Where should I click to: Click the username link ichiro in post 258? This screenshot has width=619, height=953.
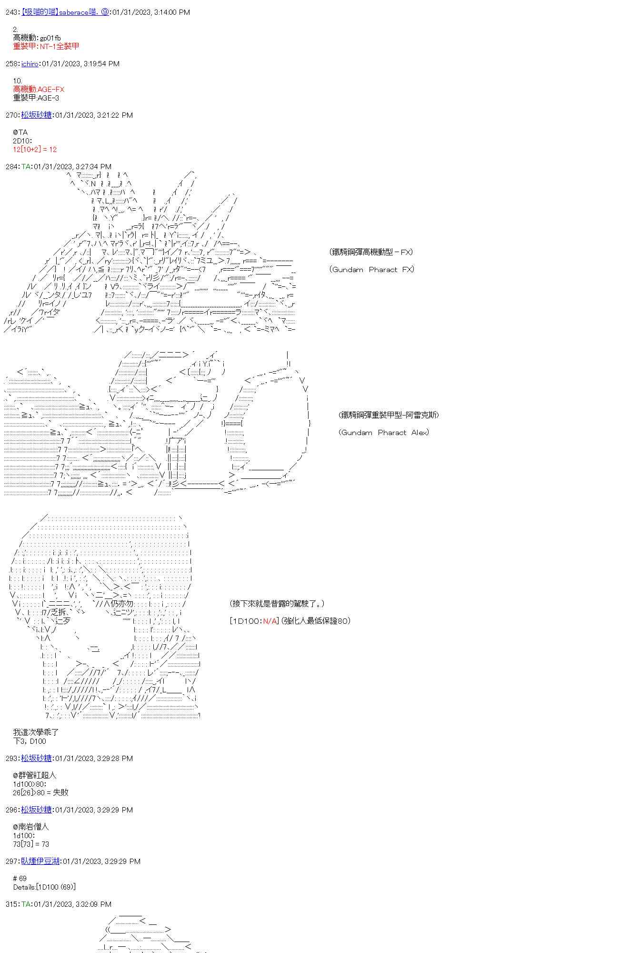[30, 63]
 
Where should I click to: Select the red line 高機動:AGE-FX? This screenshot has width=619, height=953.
[39, 89]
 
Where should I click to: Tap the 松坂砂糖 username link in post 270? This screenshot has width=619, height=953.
[36, 115]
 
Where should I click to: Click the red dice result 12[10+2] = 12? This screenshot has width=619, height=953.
[35, 149]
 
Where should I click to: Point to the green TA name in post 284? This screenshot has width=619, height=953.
[26, 166]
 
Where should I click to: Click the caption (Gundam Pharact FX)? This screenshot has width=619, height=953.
[371, 269]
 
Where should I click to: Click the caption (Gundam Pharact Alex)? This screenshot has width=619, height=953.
[384, 432]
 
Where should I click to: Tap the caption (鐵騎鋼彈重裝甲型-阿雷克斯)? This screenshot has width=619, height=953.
[389, 415]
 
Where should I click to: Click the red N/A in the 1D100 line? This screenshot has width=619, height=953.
[270, 621]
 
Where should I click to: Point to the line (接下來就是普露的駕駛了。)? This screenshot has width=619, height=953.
[277, 604]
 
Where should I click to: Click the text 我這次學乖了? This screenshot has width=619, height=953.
[36, 732]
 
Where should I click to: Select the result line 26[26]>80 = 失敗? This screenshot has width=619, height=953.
[41, 792]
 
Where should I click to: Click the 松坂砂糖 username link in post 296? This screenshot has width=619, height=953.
[36, 810]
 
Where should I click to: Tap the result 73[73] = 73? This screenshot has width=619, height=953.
[31, 844]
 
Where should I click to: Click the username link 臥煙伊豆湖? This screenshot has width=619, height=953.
[40, 861]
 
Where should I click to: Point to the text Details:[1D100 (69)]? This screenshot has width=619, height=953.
[44, 887]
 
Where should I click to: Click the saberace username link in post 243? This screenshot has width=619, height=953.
[65, 12]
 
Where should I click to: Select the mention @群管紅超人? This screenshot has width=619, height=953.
[35, 775]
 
